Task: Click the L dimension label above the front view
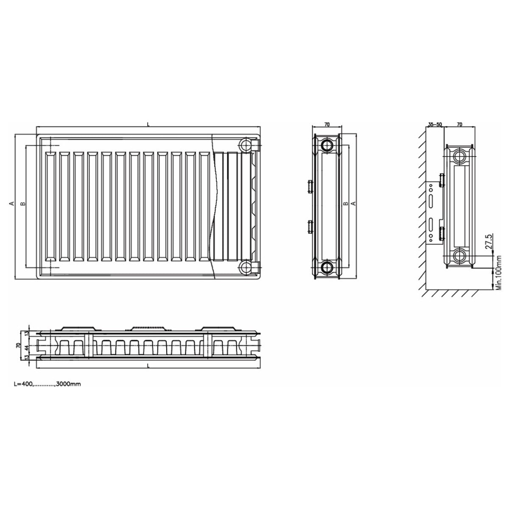click(x=148, y=124)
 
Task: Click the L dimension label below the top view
click(x=148, y=366)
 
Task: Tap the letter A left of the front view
click(x=11, y=204)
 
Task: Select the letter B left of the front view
click(x=23, y=204)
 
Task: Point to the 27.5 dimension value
click(x=489, y=241)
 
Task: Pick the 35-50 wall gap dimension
click(x=435, y=124)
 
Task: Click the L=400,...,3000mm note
click(x=47, y=384)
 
